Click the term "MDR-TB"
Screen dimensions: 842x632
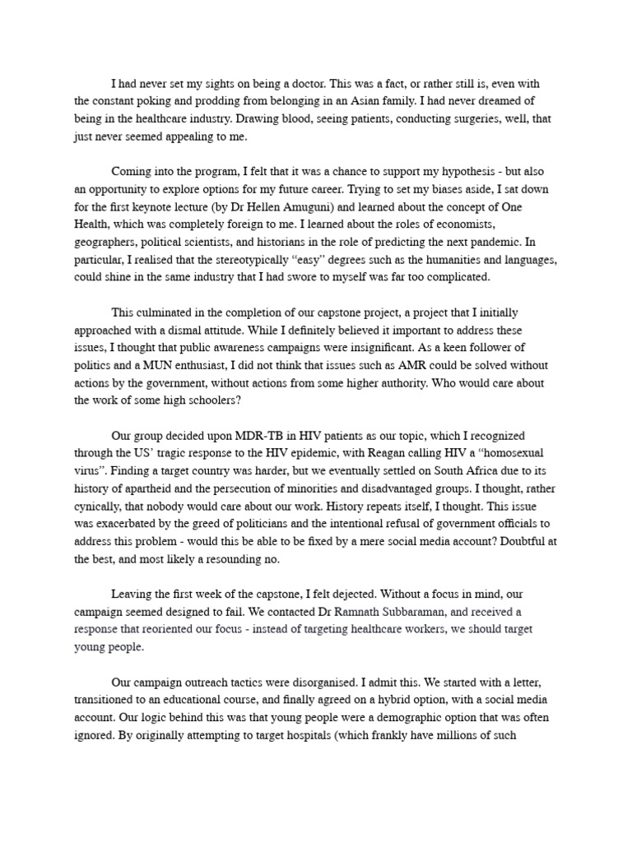tap(219, 436)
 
